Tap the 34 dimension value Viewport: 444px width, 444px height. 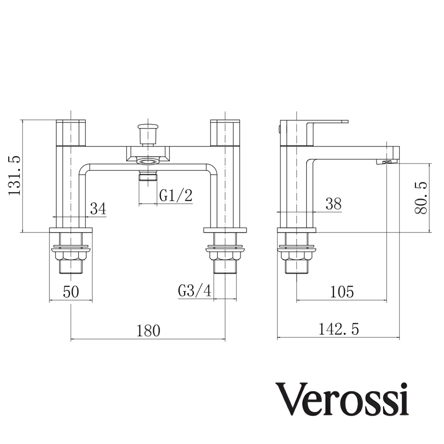pyautogui.click(x=98, y=209)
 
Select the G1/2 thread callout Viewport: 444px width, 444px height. pyautogui.click(x=176, y=196)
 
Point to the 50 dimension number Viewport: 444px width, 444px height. pyautogui.click(x=71, y=292)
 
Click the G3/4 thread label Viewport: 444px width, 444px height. pyautogui.click(x=195, y=291)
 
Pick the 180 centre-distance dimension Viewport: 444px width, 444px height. pyautogui.click(x=148, y=331)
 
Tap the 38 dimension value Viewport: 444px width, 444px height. pyautogui.click(x=333, y=204)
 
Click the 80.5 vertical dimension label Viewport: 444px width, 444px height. pyautogui.click(x=421, y=198)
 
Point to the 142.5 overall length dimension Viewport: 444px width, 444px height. pyautogui.click(x=339, y=330)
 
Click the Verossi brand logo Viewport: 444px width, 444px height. pyautogui.click(x=343, y=399)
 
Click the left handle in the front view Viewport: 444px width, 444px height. pyautogui.click(x=71, y=132)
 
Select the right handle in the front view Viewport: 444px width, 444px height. pyautogui.click(x=225, y=132)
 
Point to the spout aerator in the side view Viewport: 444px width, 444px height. pyautogui.click(x=387, y=162)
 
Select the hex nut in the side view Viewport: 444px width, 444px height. pyautogui.click(x=297, y=255)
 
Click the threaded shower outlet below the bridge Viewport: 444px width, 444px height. pyautogui.click(x=147, y=176)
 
